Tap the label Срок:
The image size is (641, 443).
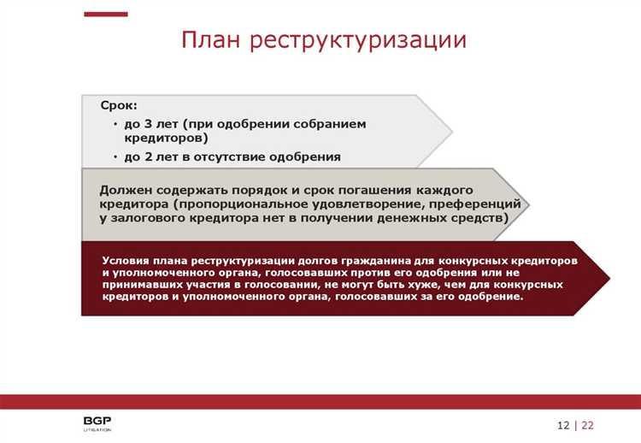tap(118, 106)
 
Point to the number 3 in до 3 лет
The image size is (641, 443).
tap(148, 124)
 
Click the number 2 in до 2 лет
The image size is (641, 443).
tap(148, 157)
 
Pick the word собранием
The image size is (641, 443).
tap(329, 124)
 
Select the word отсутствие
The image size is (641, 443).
tap(249, 157)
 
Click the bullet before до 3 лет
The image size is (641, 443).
tap(115, 125)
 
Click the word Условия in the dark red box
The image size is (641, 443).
tap(125, 259)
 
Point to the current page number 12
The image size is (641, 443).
tap(563, 425)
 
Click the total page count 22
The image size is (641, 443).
tap(588, 425)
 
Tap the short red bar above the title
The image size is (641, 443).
tap(107, 15)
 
